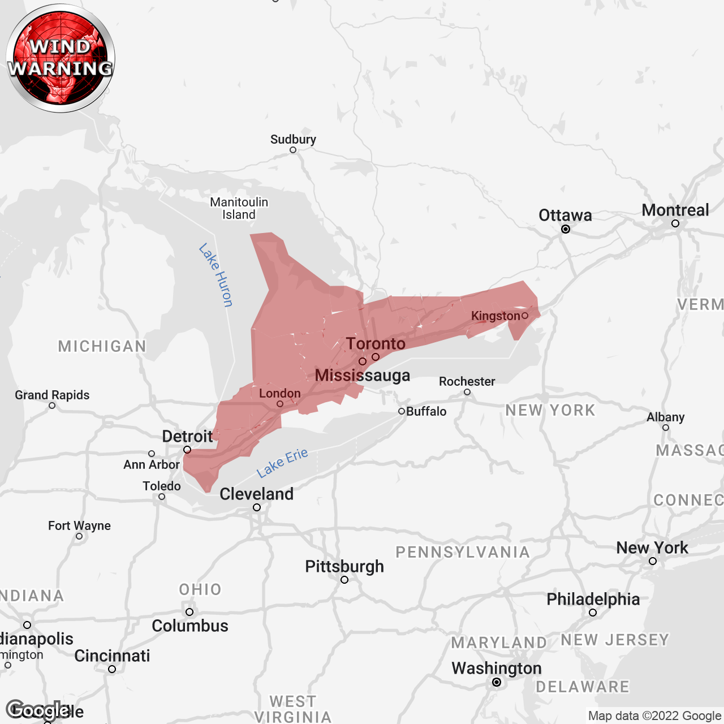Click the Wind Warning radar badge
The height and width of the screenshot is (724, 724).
click(61, 58)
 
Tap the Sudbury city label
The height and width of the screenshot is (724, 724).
click(293, 139)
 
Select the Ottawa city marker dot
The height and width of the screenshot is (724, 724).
click(566, 229)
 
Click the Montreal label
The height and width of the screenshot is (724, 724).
click(675, 210)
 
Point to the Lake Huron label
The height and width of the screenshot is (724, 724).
click(216, 275)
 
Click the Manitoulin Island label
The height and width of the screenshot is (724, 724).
click(239, 208)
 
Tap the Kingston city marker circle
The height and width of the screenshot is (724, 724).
click(525, 316)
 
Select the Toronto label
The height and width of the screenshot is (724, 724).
click(376, 343)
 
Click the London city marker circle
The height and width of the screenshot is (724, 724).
click(280, 404)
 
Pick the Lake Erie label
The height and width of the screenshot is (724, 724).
click(282, 463)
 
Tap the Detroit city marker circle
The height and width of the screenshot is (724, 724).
click(187, 450)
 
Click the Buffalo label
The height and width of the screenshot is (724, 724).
click(426, 411)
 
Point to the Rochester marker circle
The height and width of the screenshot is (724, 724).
click(467, 392)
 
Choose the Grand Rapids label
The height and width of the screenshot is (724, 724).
click(52, 395)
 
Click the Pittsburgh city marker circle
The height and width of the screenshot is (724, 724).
click(344, 580)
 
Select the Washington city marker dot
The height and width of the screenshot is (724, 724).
click(497, 682)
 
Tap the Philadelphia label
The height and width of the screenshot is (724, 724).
click(593, 599)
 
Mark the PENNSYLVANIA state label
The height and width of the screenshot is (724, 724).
click(462, 552)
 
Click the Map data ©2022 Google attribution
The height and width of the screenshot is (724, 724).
click(654, 716)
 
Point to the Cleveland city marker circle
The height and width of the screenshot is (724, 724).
click(257, 507)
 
